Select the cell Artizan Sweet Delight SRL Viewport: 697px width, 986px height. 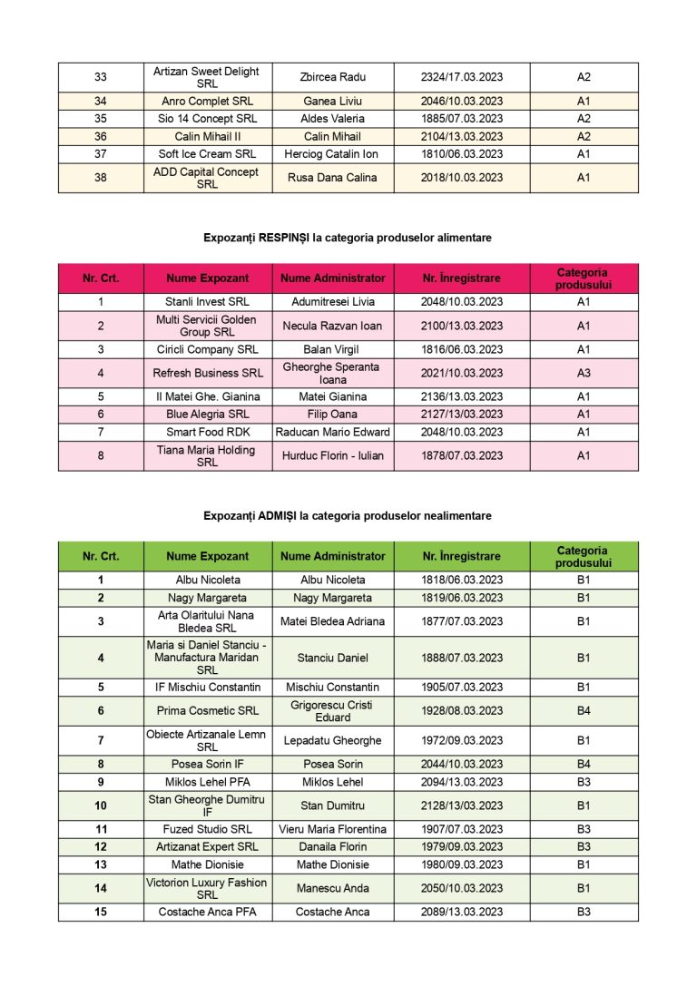click(x=207, y=77)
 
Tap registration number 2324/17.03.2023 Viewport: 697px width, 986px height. click(x=462, y=77)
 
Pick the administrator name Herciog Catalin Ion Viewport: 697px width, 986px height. click(x=332, y=154)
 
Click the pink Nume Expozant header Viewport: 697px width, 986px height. click(x=207, y=278)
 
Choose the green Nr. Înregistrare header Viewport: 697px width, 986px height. click(x=462, y=556)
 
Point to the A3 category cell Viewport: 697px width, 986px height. click(x=584, y=373)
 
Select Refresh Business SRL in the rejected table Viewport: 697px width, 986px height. click(x=208, y=373)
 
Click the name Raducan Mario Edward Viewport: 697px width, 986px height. click(x=332, y=432)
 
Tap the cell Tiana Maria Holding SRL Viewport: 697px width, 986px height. click(x=207, y=455)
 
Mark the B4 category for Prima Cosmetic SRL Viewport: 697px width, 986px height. click(x=584, y=711)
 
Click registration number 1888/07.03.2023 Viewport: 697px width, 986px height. click(x=462, y=658)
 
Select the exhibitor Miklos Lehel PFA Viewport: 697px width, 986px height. click(x=208, y=782)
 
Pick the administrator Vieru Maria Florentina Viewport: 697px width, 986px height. click(x=332, y=829)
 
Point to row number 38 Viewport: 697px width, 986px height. click(x=101, y=178)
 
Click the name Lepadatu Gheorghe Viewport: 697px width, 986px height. click(x=332, y=740)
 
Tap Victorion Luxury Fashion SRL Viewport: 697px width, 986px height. click(x=207, y=888)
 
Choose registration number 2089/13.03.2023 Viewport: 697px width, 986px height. click(x=462, y=912)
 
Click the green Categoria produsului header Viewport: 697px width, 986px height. click(x=584, y=556)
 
